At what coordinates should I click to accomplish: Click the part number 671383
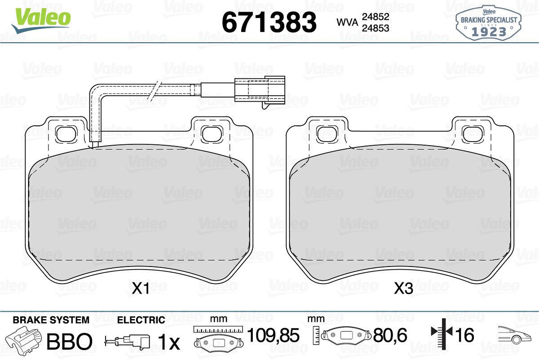point(269,22)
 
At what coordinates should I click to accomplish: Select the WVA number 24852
point(376,17)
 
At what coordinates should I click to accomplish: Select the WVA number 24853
point(376,28)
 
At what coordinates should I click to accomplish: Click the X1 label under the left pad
point(141,289)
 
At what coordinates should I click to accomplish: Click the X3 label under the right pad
point(403,289)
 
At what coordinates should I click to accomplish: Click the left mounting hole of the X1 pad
point(66,134)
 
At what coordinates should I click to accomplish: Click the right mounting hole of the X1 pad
point(212,134)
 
